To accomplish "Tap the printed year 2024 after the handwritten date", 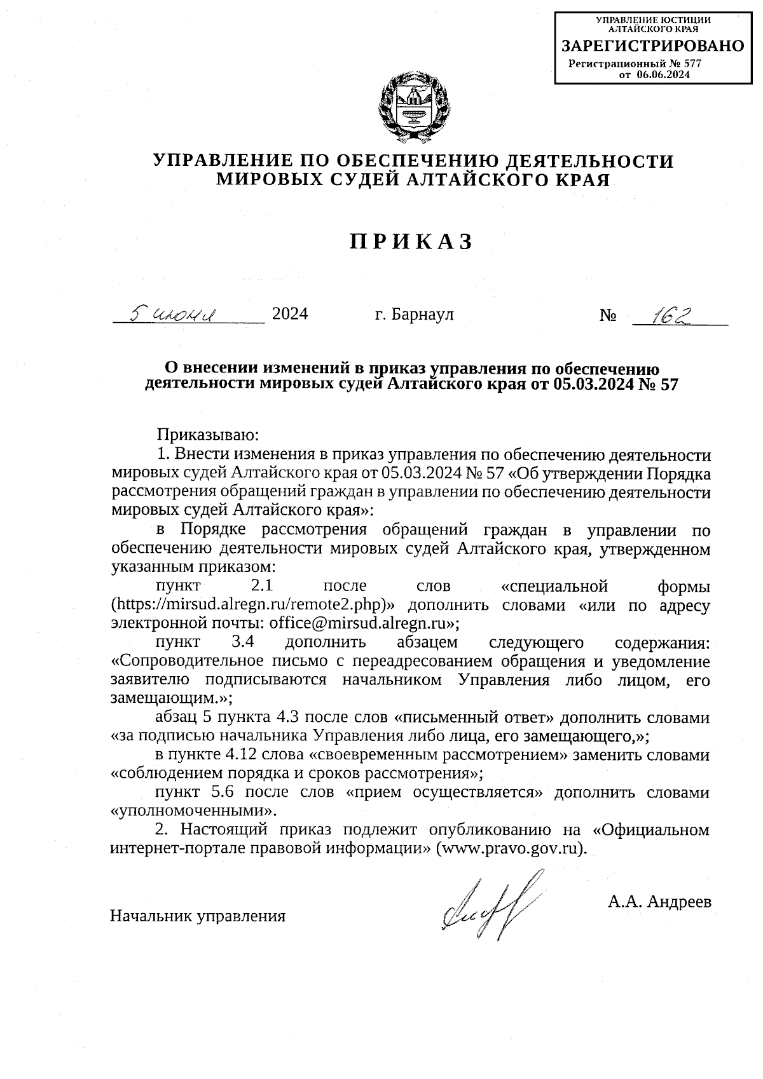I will (290, 314).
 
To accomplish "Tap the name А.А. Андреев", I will (659, 901).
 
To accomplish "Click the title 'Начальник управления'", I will (198, 916).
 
